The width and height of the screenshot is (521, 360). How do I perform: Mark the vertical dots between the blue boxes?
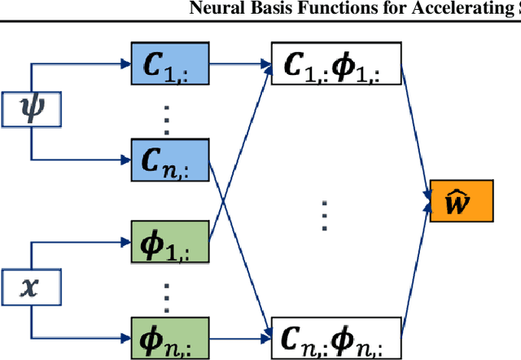pyautogui.click(x=166, y=113)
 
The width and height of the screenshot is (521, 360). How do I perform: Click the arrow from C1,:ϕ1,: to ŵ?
pyautogui.click(x=415, y=130)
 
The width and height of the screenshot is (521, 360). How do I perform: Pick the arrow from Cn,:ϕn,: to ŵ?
pyautogui.click(x=415, y=269)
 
